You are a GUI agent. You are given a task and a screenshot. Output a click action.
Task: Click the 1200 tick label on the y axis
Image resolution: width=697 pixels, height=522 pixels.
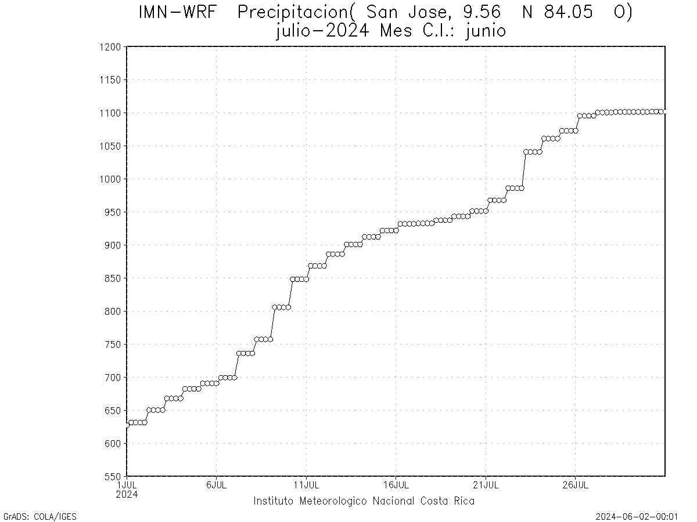(110, 47)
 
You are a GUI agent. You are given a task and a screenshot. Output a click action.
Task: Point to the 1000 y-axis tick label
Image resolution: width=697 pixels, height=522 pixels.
(110, 179)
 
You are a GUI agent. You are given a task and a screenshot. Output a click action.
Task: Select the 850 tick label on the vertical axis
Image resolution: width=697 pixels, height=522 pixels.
(113, 278)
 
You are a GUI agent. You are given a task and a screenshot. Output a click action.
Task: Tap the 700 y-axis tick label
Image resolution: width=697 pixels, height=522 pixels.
(113, 378)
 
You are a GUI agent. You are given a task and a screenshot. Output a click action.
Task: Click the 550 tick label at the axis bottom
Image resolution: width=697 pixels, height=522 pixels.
(113, 477)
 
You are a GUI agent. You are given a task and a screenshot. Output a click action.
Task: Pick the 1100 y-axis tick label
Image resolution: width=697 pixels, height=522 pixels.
(110, 113)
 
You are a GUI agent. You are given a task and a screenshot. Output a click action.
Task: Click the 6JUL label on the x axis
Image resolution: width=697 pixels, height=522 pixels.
(216, 485)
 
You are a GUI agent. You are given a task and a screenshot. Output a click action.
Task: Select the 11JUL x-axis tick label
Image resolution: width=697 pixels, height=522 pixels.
(306, 485)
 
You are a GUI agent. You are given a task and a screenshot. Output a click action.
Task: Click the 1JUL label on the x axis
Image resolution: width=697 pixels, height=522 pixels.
(127, 485)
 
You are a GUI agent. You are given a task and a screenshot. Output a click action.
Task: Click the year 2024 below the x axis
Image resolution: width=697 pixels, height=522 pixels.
(127, 494)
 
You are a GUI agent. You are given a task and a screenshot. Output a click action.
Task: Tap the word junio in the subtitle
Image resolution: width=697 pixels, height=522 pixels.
(486, 31)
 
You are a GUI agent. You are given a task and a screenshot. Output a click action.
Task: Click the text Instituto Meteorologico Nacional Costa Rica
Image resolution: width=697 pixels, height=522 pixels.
(364, 501)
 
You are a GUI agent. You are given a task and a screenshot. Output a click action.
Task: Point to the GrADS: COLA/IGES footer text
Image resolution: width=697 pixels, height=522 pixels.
(40, 516)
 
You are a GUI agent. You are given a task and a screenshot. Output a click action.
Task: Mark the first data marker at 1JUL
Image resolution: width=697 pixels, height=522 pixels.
(127, 425)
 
